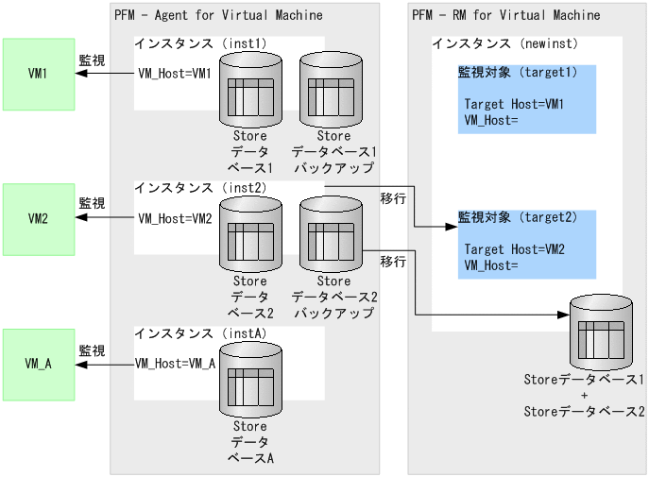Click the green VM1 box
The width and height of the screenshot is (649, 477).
click(x=39, y=73)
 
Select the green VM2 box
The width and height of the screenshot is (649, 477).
click(x=39, y=219)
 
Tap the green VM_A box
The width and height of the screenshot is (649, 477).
click(x=39, y=365)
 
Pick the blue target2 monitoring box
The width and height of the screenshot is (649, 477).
click(x=527, y=245)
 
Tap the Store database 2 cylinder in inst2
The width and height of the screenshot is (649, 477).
click(x=250, y=234)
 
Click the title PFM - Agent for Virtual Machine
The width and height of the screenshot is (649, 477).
click(x=218, y=15)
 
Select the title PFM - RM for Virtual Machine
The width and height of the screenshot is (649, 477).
click(x=506, y=15)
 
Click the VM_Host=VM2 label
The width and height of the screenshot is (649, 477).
click(x=176, y=218)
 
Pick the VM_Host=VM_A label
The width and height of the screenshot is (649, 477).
click(x=176, y=364)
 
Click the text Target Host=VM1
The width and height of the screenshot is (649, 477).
click(x=514, y=104)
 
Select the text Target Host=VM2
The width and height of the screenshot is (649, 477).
click(x=514, y=249)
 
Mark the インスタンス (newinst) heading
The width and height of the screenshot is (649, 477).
click(x=504, y=43)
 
